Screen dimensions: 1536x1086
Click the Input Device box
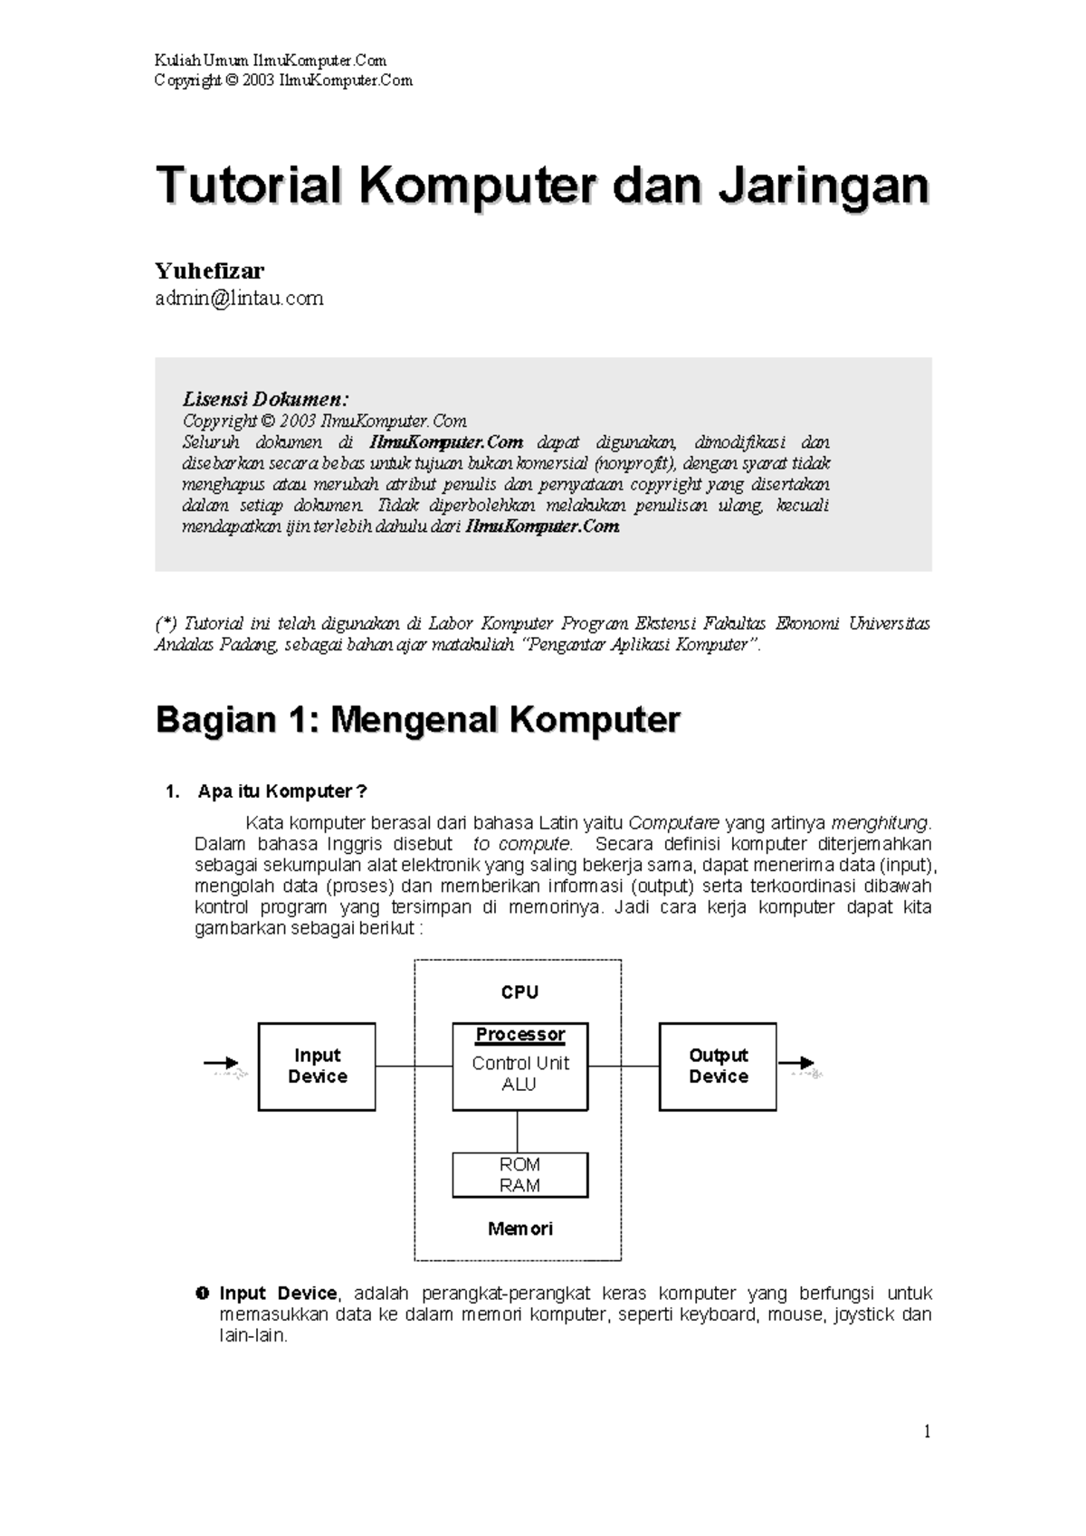click(x=317, y=1067)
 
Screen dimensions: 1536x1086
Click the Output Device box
click(x=718, y=1067)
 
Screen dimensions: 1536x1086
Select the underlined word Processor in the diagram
click(x=520, y=1034)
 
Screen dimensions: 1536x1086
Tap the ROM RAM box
click(x=520, y=1175)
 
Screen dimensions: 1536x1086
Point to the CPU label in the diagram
click(x=519, y=992)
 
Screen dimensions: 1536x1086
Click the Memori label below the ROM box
click(x=519, y=1228)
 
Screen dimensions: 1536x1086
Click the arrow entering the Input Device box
click(x=222, y=1064)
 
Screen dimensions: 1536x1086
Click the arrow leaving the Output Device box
click(x=797, y=1064)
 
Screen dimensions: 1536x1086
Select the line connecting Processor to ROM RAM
click(x=518, y=1132)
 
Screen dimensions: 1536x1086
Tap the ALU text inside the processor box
click(x=519, y=1085)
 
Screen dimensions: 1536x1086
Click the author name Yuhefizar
click(x=209, y=270)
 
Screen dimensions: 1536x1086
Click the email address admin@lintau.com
click(x=239, y=299)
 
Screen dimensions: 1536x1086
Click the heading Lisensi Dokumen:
click(x=265, y=399)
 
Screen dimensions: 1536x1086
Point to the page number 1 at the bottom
click(x=927, y=1431)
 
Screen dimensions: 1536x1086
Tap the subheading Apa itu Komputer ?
click(x=282, y=792)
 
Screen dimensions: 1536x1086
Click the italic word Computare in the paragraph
click(x=673, y=823)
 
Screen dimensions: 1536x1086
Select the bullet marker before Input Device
click(x=203, y=1294)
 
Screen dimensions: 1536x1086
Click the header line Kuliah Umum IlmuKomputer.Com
click(x=271, y=61)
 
